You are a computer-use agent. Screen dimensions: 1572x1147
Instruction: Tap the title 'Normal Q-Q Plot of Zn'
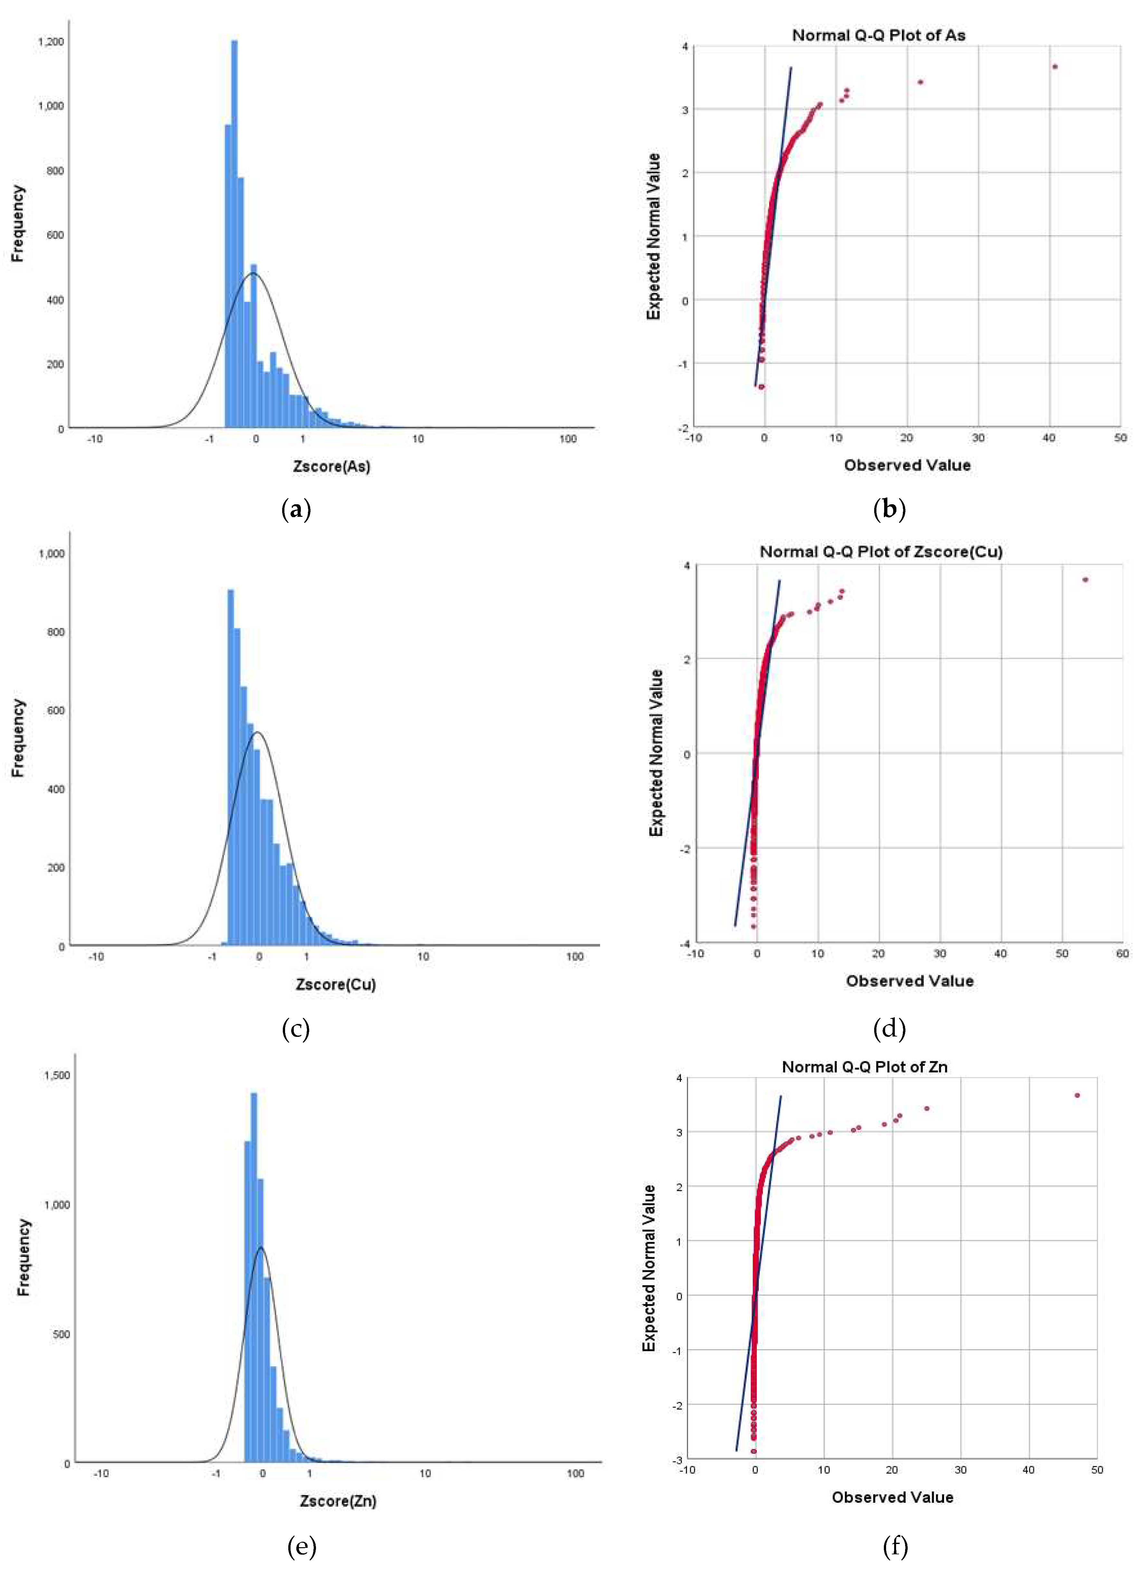[865, 1067]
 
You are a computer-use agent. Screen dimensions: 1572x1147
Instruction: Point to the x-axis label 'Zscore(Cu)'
[335, 984]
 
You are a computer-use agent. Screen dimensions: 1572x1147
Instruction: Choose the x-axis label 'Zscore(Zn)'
[338, 1501]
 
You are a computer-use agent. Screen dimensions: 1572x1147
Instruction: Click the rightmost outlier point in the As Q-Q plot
[1055, 67]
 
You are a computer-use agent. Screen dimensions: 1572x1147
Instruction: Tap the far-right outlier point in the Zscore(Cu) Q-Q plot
[1085, 580]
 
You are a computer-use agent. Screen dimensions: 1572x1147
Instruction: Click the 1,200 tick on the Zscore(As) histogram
[51, 42]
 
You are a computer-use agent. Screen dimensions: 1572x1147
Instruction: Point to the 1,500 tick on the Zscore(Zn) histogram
[57, 1075]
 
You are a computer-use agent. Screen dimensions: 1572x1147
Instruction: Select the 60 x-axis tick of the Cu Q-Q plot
[1122, 954]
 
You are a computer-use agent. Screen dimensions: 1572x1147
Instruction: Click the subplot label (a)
[296, 510]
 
